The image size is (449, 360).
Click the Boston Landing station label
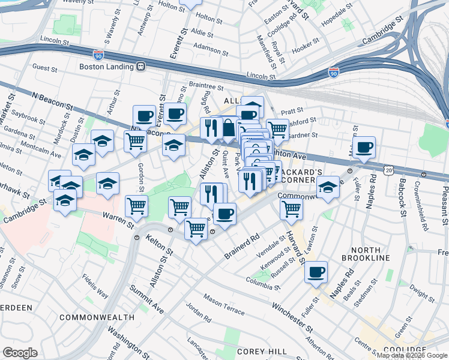106,67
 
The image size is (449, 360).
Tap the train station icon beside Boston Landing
140,67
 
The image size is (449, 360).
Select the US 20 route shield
390,171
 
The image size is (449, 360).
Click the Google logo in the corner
20,353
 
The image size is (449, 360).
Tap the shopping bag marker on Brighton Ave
229,128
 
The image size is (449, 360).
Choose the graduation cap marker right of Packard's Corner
328,187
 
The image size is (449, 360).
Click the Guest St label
45,68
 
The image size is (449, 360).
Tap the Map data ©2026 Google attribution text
412,355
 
